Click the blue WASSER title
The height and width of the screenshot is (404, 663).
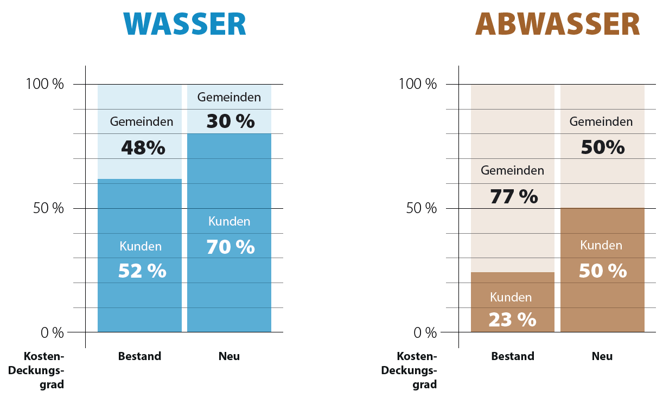(186, 24)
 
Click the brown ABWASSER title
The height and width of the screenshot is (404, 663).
(558, 24)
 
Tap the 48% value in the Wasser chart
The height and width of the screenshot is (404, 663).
(143, 148)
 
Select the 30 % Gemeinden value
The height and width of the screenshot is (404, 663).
(230, 121)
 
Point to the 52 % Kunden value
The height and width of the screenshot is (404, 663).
(142, 270)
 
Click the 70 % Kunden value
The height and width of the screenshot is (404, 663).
(230, 247)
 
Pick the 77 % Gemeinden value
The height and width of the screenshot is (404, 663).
(514, 196)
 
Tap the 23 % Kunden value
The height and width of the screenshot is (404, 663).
(512, 319)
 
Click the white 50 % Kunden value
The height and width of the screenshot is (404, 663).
(602, 270)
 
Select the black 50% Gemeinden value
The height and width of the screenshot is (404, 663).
(602, 147)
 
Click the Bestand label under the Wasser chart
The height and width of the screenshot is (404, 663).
(139, 356)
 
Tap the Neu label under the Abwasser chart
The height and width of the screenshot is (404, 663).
(602, 356)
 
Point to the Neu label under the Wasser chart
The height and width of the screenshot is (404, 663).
(229, 356)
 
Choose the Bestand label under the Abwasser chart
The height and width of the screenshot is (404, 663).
(513, 356)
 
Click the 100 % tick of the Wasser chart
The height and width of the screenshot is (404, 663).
(44, 84)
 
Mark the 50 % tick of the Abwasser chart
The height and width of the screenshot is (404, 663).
(421, 208)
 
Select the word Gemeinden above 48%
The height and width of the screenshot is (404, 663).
(142, 121)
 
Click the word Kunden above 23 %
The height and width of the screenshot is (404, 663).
(511, 297)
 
